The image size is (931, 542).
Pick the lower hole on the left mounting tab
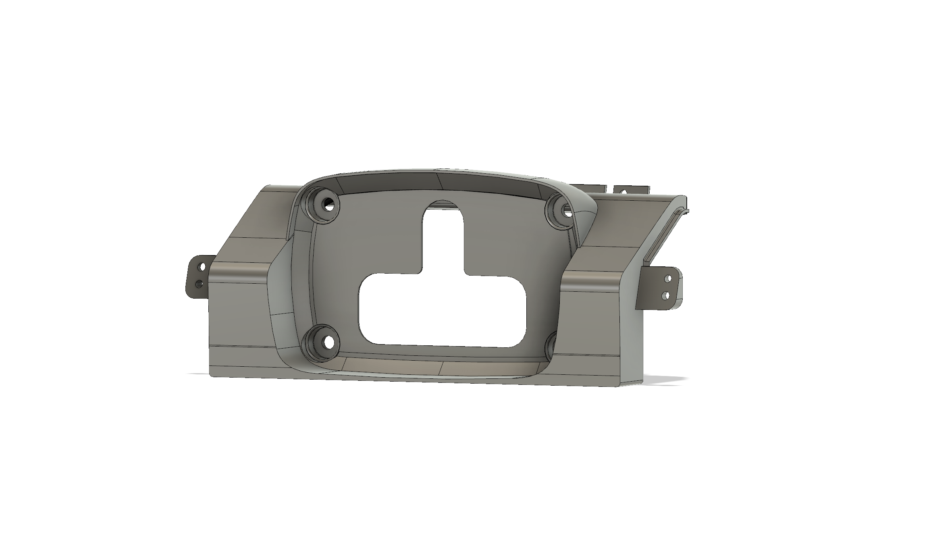point(198,284)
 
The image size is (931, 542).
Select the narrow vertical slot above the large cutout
point(443,238)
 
